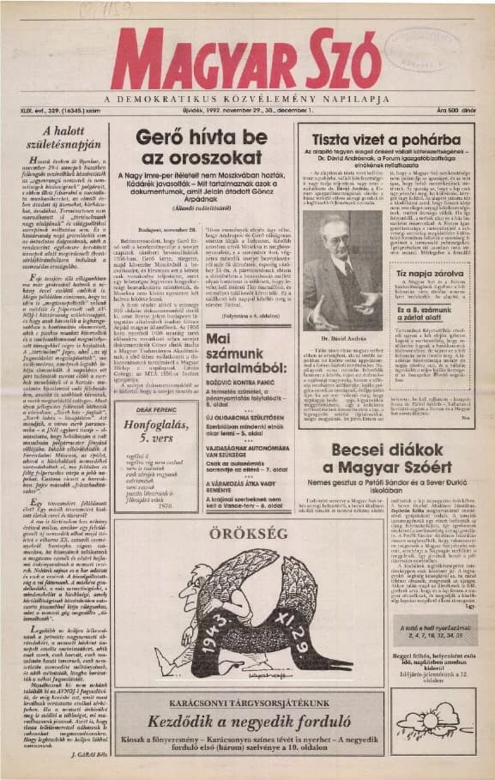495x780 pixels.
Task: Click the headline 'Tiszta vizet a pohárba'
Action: (x=385, y=138)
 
